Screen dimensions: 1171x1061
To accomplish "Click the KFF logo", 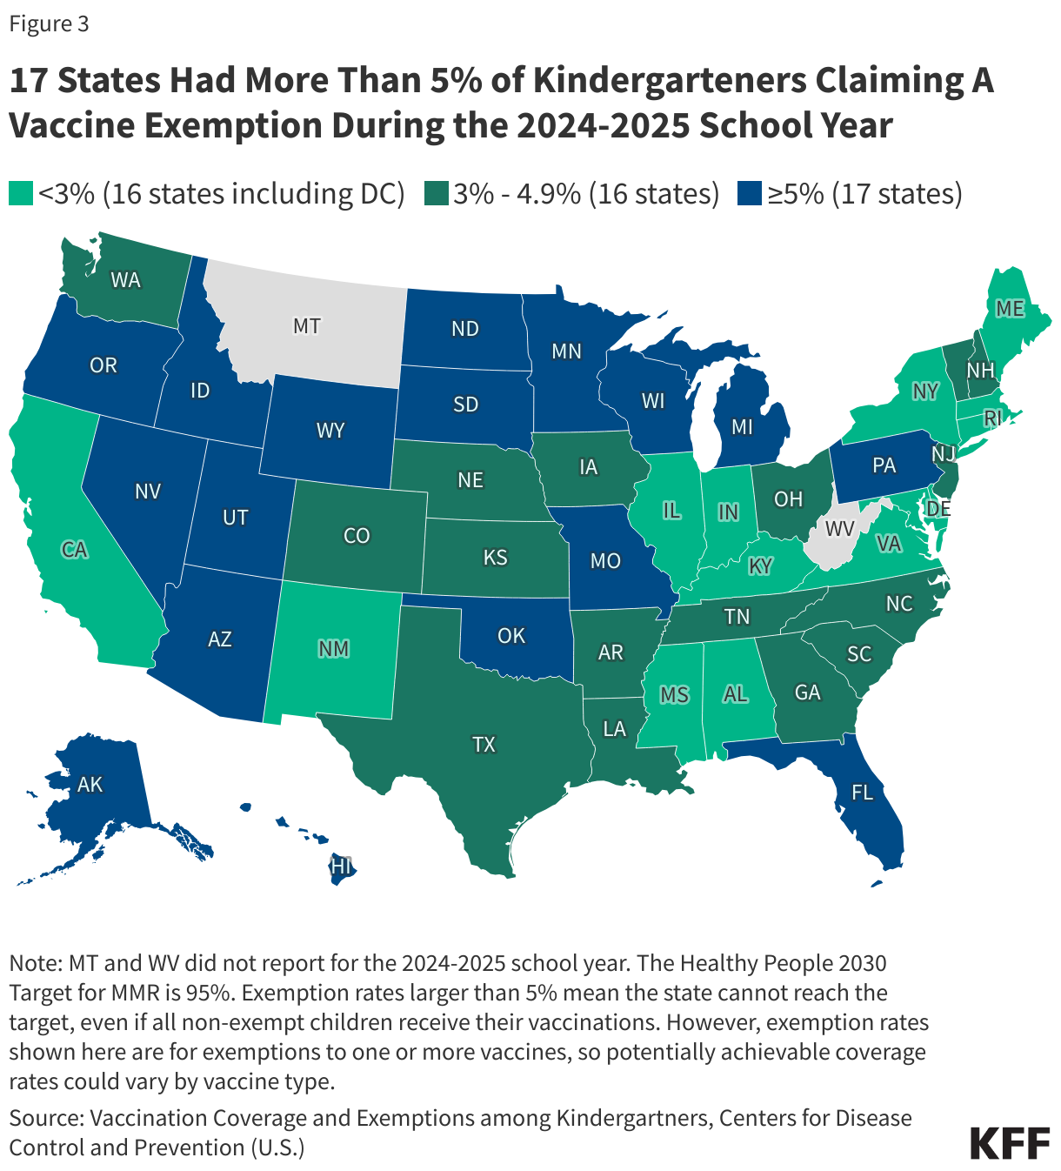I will [1010, 1142].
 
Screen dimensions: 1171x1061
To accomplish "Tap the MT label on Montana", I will [306, 326].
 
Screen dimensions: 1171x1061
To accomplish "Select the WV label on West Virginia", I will [839, 529].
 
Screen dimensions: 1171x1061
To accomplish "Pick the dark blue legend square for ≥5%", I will [749, 194].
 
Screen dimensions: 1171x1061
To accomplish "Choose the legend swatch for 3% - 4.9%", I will [436, 194].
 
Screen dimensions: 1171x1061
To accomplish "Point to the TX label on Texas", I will [484, 744].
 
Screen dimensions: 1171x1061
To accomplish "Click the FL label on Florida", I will [862, 792].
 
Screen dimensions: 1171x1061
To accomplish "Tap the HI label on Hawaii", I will [341, 867].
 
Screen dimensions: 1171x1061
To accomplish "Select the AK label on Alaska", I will [90, 785].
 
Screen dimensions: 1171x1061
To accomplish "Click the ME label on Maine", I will [1010, 309].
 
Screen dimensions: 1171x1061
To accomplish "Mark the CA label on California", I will [75, 550].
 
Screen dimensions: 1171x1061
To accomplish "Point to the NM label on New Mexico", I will [334, 649].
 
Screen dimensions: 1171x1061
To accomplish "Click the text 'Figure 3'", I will [49, 24].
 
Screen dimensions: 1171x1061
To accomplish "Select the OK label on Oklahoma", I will [511, 636].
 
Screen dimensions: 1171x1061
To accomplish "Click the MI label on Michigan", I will [742, 427].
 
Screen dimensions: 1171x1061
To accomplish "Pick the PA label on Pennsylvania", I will [884, 465].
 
